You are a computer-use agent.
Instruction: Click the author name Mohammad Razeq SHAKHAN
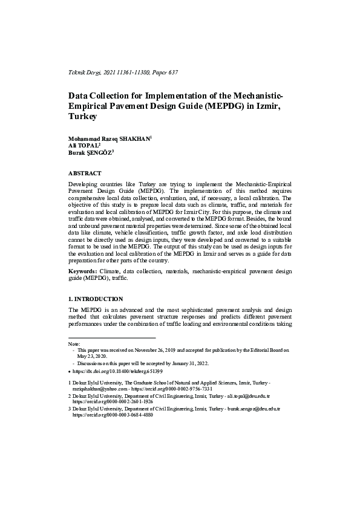tap(109, 139)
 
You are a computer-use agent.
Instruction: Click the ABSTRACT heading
tap(85, 173)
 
